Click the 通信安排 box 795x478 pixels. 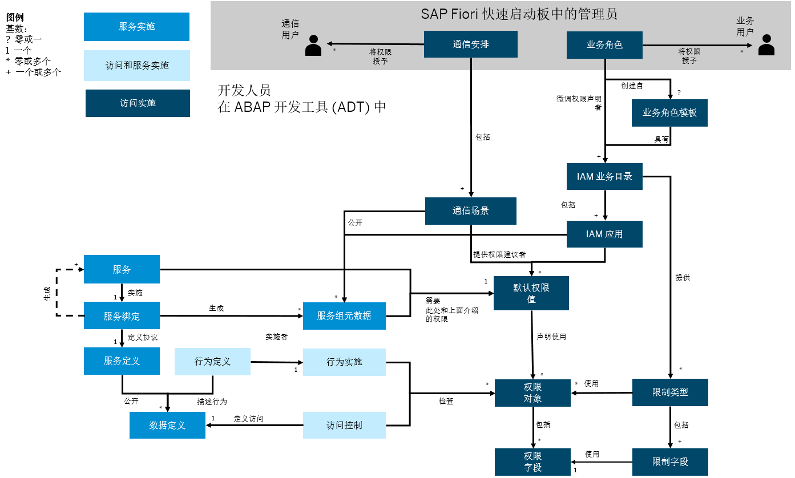coord(471,44)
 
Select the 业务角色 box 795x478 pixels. coord(604,45)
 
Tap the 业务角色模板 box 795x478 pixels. coord(669,113)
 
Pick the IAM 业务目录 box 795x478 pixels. coord(604,177)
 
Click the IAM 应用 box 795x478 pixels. coord(604,234)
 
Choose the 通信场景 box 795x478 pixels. coord(471,211)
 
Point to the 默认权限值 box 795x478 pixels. coord(531,293)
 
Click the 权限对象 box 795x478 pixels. coord(532,393)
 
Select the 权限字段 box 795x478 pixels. coord(532,462)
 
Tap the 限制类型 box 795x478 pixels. coord(670,392)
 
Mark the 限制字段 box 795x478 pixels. coord(670,462)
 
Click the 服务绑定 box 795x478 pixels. coord(122,316)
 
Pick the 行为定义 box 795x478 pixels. coord(212,362)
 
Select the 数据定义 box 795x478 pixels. coord(167,426)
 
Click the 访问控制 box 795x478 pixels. coord(344,426)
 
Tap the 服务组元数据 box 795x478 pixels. coord(344,316)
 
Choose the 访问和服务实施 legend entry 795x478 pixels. coord(137,66)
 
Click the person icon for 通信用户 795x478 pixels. coord(313,46)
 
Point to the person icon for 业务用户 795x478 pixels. coord(766,45)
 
